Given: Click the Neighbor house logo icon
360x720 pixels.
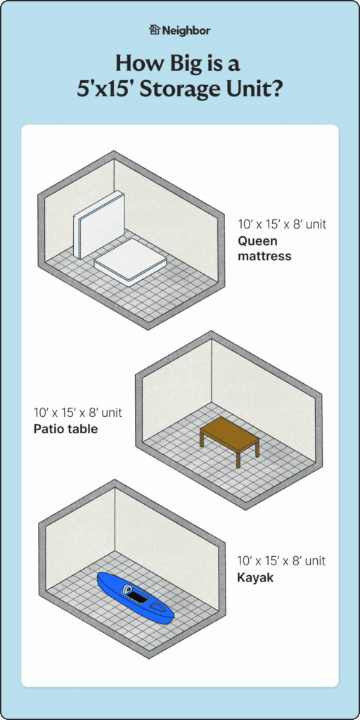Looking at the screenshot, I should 155,30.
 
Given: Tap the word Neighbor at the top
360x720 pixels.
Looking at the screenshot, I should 186,30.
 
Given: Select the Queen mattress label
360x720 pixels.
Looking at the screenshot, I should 264,248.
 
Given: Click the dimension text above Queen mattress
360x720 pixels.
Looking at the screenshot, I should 282,226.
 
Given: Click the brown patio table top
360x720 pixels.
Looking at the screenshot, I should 229,431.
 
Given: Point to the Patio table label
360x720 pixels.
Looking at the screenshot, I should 65,427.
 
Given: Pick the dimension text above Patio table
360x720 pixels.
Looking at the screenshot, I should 77,412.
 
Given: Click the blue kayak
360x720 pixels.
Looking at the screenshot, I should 135,598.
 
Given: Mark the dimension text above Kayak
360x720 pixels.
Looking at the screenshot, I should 281,561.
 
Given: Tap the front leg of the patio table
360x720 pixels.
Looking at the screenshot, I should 238,459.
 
